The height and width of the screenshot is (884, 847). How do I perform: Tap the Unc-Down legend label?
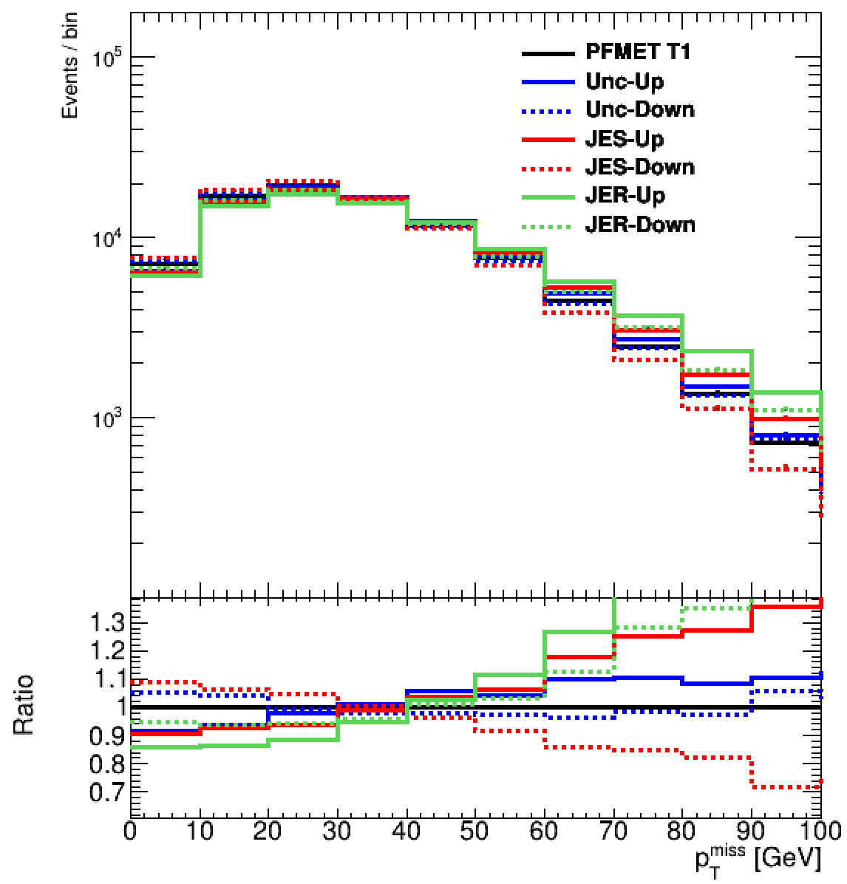(640, 110)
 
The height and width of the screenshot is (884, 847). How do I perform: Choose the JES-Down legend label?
(640, 167)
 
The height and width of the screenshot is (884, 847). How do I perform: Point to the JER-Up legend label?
(625, 195)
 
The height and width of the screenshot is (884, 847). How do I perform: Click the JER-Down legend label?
(641, 224)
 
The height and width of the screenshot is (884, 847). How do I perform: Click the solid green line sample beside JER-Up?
(547, 197)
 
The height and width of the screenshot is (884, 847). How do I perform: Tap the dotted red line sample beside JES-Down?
(547, 169)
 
